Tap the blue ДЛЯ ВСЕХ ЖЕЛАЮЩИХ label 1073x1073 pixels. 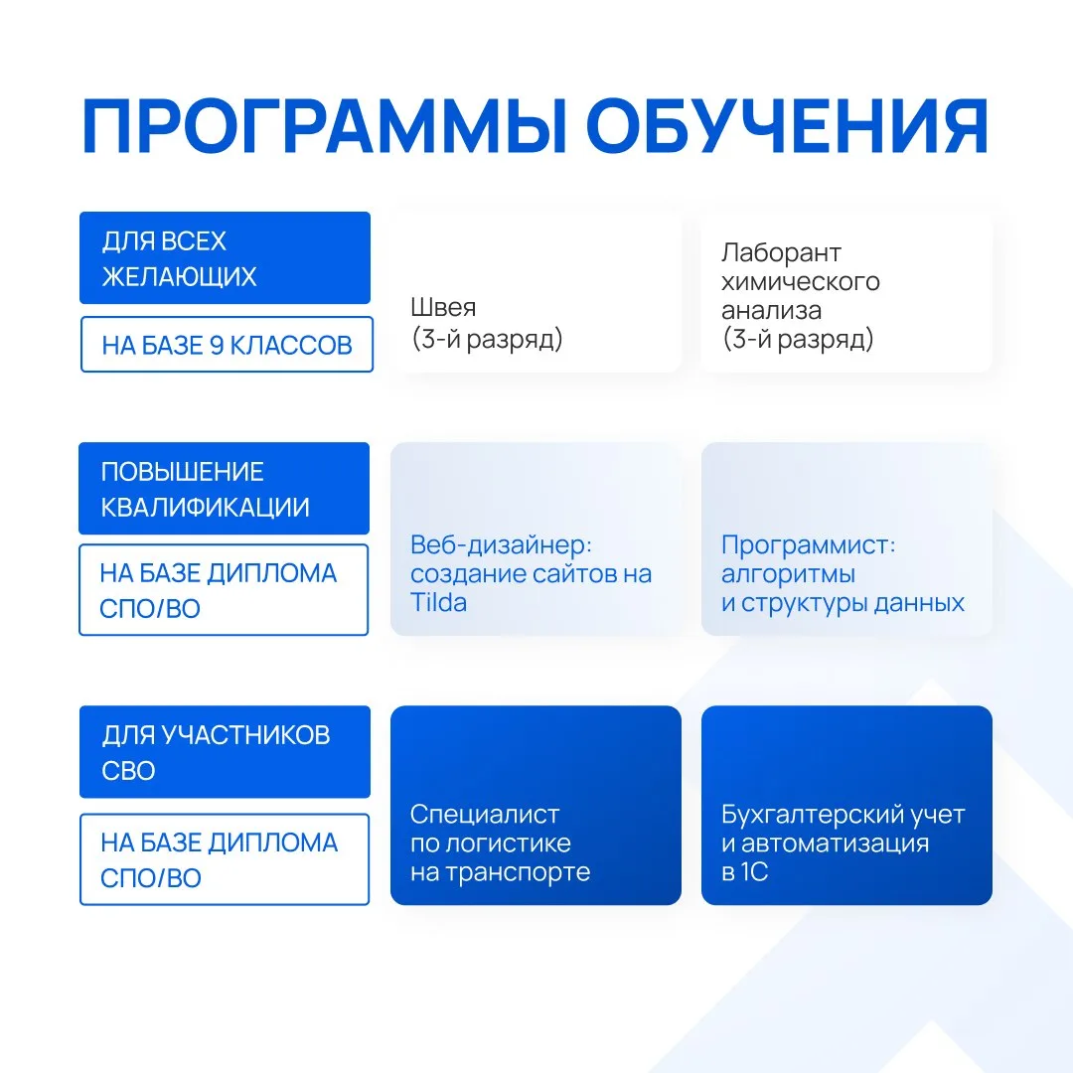click(x=226, y=258)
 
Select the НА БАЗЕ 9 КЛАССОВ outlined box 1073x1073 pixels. click(x=228, y=345)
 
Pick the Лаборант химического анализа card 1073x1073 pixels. click(x=846, y=292)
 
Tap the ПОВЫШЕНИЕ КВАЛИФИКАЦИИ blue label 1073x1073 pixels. click(x=225, y=489)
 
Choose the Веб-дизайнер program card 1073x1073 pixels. click(x=536, y=539)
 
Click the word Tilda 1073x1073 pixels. click(x=439, y=603)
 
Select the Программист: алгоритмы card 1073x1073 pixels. click(x=846, y=539)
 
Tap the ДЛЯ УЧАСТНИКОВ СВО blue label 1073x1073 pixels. click(x=226, y=752)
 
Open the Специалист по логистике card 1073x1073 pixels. click(x=536, y=806)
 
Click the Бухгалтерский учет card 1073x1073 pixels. click(x=846, y=806)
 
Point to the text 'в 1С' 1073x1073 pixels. click(x=744, y=872)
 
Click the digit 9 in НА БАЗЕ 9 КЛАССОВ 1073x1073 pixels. click(x=217, y=346)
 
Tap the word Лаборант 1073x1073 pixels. click(x=781, y=253)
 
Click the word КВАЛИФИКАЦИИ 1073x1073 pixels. click(x=206, y=507)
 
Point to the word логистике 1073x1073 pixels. click(x=508, y=843)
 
